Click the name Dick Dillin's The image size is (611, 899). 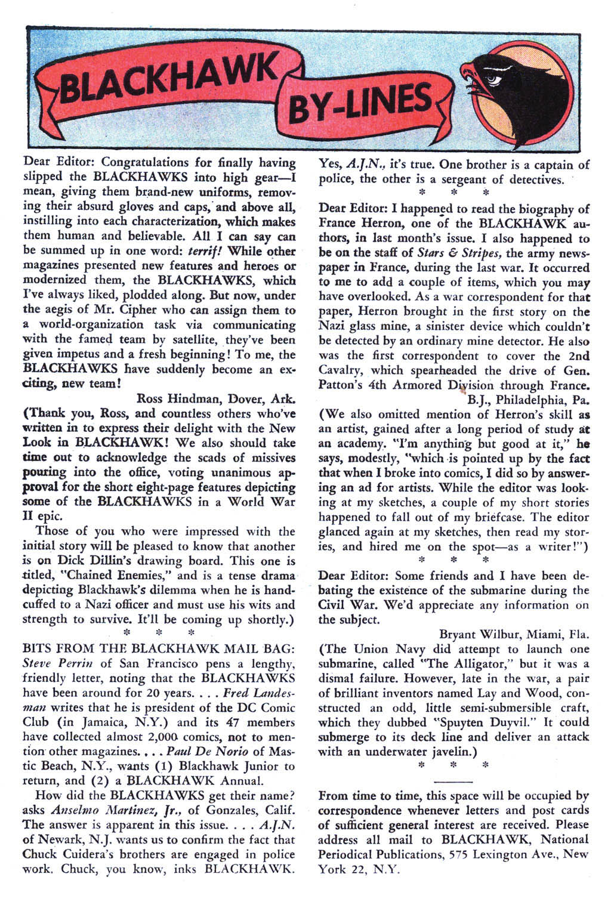pos(90,561)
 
